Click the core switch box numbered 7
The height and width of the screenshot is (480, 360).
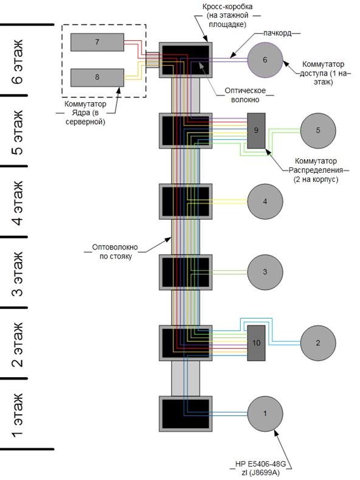(x=97, y=42)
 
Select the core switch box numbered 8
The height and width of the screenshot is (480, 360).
(x=97, y=77)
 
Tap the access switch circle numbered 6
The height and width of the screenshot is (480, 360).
(x=265, y=60)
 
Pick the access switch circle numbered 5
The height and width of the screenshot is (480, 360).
(x=318, y=130)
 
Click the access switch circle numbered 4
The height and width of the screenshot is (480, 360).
(x=265, y=201)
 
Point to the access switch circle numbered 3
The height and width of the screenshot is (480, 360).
(x=265, y=272)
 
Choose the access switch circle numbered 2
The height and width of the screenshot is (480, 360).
(x=318, y=343)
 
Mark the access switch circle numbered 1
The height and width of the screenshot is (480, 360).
(x=265, y=414)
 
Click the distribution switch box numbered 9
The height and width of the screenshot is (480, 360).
(x=256, y=131)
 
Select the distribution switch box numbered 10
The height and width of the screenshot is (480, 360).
(x=256, y=343)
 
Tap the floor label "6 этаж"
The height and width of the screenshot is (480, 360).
(x=18, y=61)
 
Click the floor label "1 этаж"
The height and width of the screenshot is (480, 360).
(x=18, y=416)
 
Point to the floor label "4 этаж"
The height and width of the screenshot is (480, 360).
(x=18, y=203)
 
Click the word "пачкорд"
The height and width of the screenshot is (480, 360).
(x=277, y=33)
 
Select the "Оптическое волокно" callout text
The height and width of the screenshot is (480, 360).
(x=245, y=95)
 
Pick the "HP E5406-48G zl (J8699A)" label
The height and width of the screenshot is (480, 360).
(x=260, y=468)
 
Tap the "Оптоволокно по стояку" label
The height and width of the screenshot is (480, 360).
(x=115, y=252)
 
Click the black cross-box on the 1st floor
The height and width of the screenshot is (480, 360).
(x=185, y=414)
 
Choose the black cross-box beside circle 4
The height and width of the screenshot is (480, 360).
(x=185, y=201)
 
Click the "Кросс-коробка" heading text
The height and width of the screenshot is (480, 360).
(x=227, y=7)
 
